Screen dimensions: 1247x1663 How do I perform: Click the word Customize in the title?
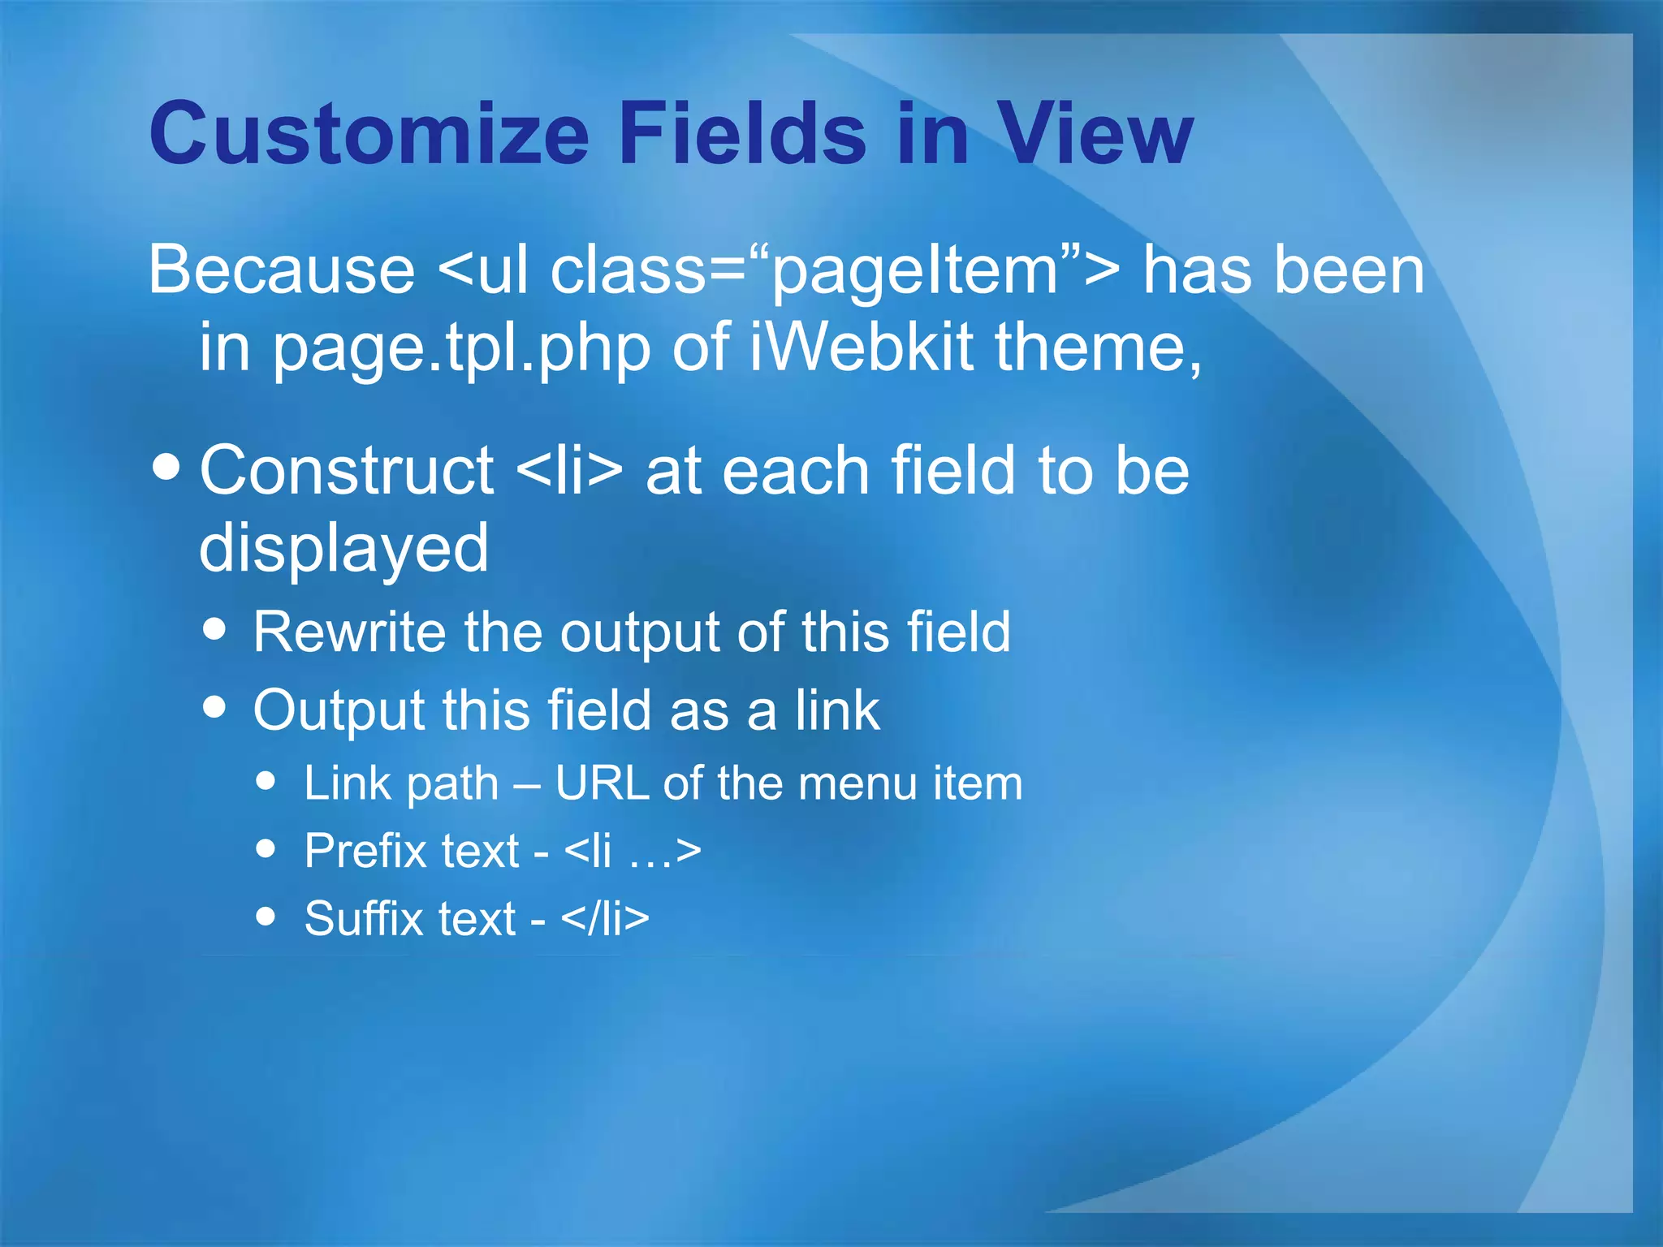(369, 134)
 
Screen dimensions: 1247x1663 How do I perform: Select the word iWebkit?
(861, 347)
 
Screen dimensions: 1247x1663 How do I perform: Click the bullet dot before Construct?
(166, 468)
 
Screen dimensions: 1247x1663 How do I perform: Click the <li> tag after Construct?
(569, 471)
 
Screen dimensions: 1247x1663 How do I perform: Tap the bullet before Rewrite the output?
(215, 628)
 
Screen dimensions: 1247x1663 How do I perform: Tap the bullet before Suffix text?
(266, 916)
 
